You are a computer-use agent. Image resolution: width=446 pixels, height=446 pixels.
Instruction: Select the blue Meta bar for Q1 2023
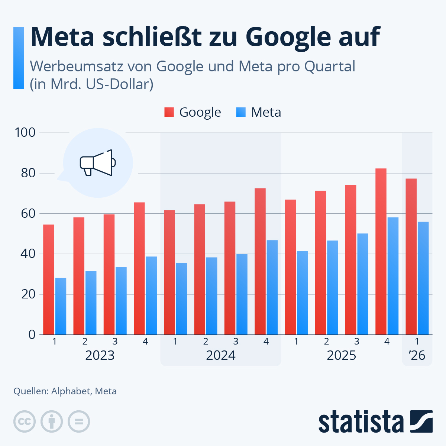pos(61,306)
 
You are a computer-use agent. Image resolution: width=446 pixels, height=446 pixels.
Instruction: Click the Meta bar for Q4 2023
pos(151,295)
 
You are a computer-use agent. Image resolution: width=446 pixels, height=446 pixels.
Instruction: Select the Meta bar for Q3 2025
pos(363,284)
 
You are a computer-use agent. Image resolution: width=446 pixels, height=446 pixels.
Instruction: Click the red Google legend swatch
pos(169,112)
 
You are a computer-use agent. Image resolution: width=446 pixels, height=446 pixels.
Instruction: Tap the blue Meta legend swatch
pos(241,112)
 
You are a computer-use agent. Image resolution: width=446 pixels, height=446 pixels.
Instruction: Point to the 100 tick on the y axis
pos(25,132)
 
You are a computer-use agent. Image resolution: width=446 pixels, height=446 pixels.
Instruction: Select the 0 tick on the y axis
pos(32,334)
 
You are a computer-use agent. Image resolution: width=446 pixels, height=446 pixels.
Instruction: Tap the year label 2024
pos(221,355)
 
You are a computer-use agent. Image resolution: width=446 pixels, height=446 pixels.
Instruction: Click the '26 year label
pos(417,355)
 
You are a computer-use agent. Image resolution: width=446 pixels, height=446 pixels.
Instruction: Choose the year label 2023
pos(100,355)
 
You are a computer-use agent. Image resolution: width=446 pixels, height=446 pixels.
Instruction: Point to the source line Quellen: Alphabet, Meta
pos(65,391)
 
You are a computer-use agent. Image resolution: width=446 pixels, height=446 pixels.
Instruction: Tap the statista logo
pos(375,421)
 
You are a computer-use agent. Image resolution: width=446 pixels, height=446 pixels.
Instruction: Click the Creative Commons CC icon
pos(25,421)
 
